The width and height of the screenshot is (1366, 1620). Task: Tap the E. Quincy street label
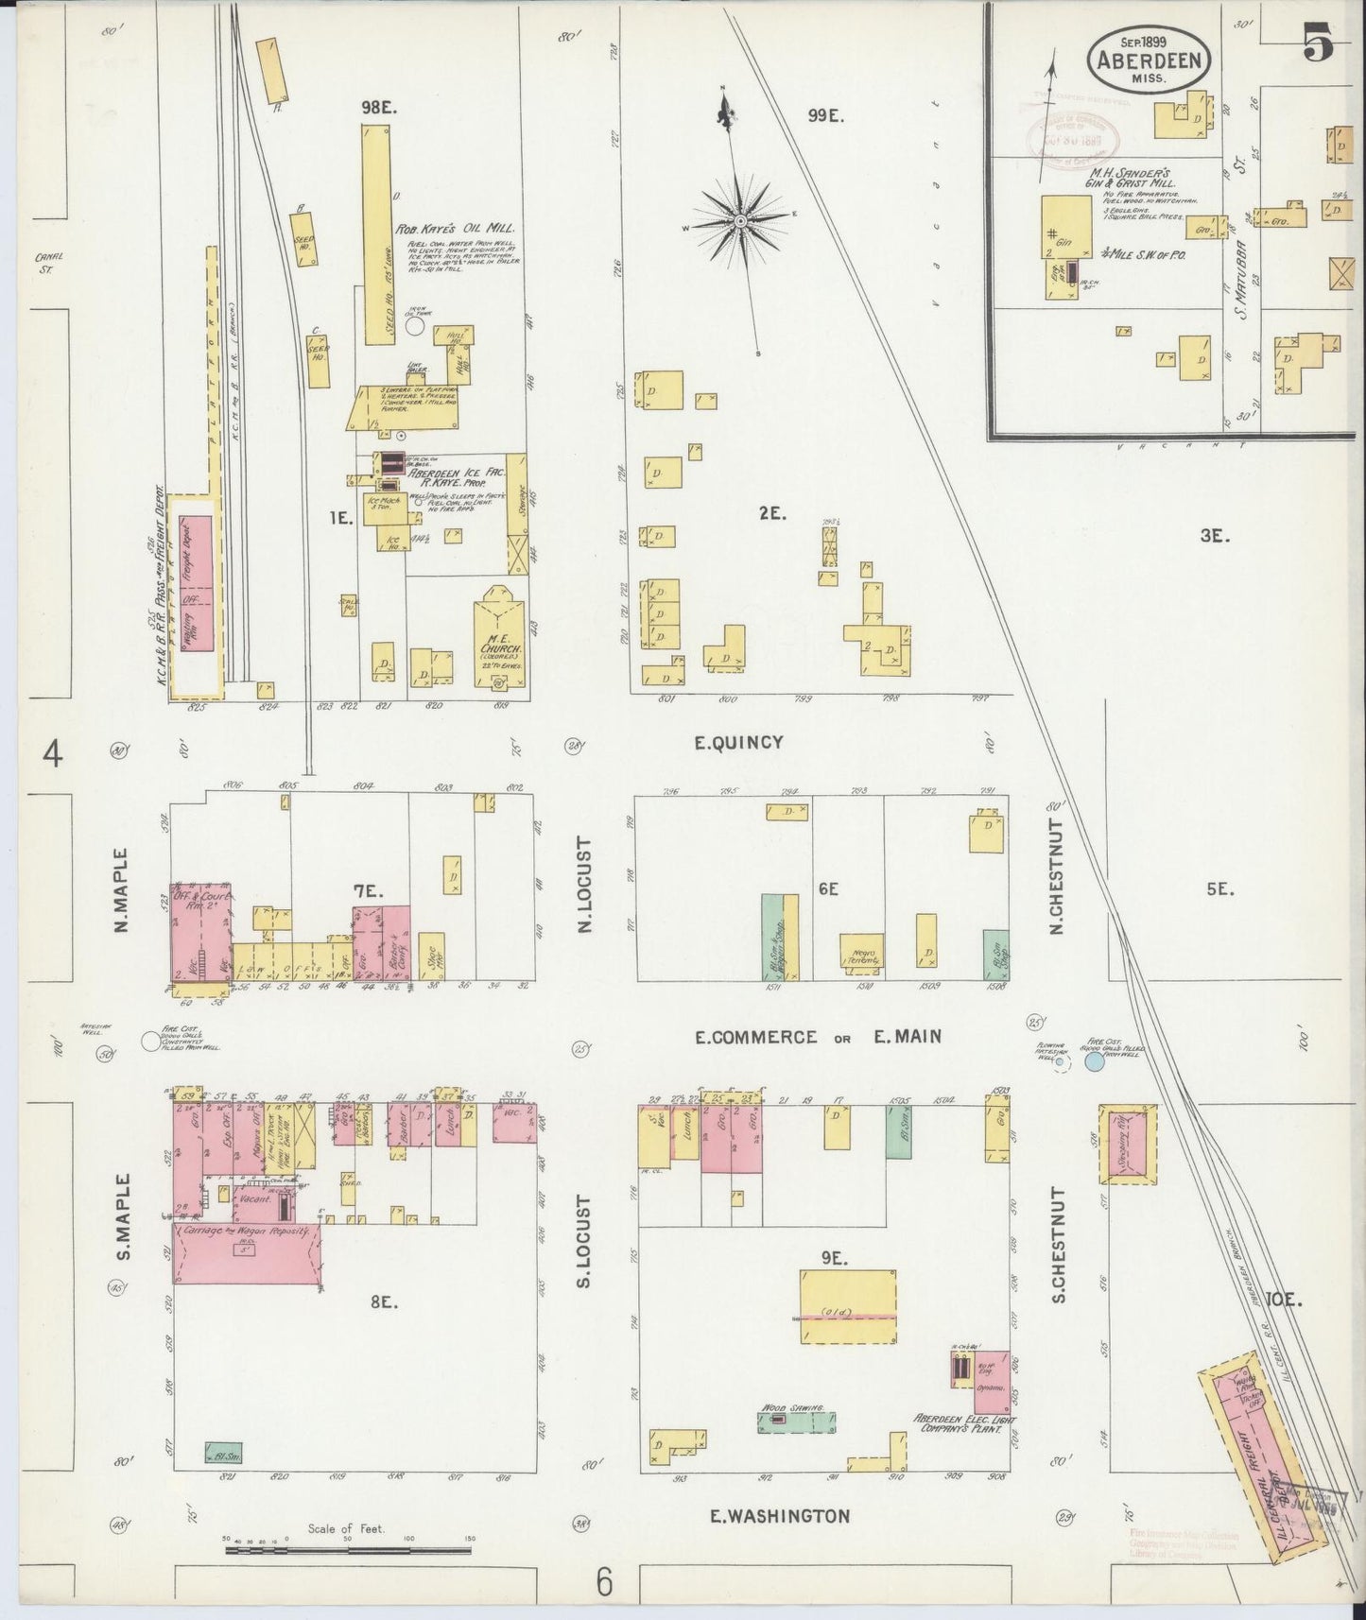[x=738, y=742]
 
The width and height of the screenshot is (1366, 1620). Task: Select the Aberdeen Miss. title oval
[x=1150, y=60]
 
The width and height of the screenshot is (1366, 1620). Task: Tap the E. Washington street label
[x=780, y=1516]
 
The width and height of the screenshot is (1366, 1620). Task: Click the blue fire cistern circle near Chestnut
[x=1095, y=1061]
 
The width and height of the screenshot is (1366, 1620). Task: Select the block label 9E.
[x=832, y=1258]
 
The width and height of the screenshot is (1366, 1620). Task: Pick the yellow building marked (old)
[x=848, y=1306]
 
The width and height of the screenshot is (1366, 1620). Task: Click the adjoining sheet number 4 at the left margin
[x=53, y=754]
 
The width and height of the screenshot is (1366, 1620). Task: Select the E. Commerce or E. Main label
[x=818, y=1037]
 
